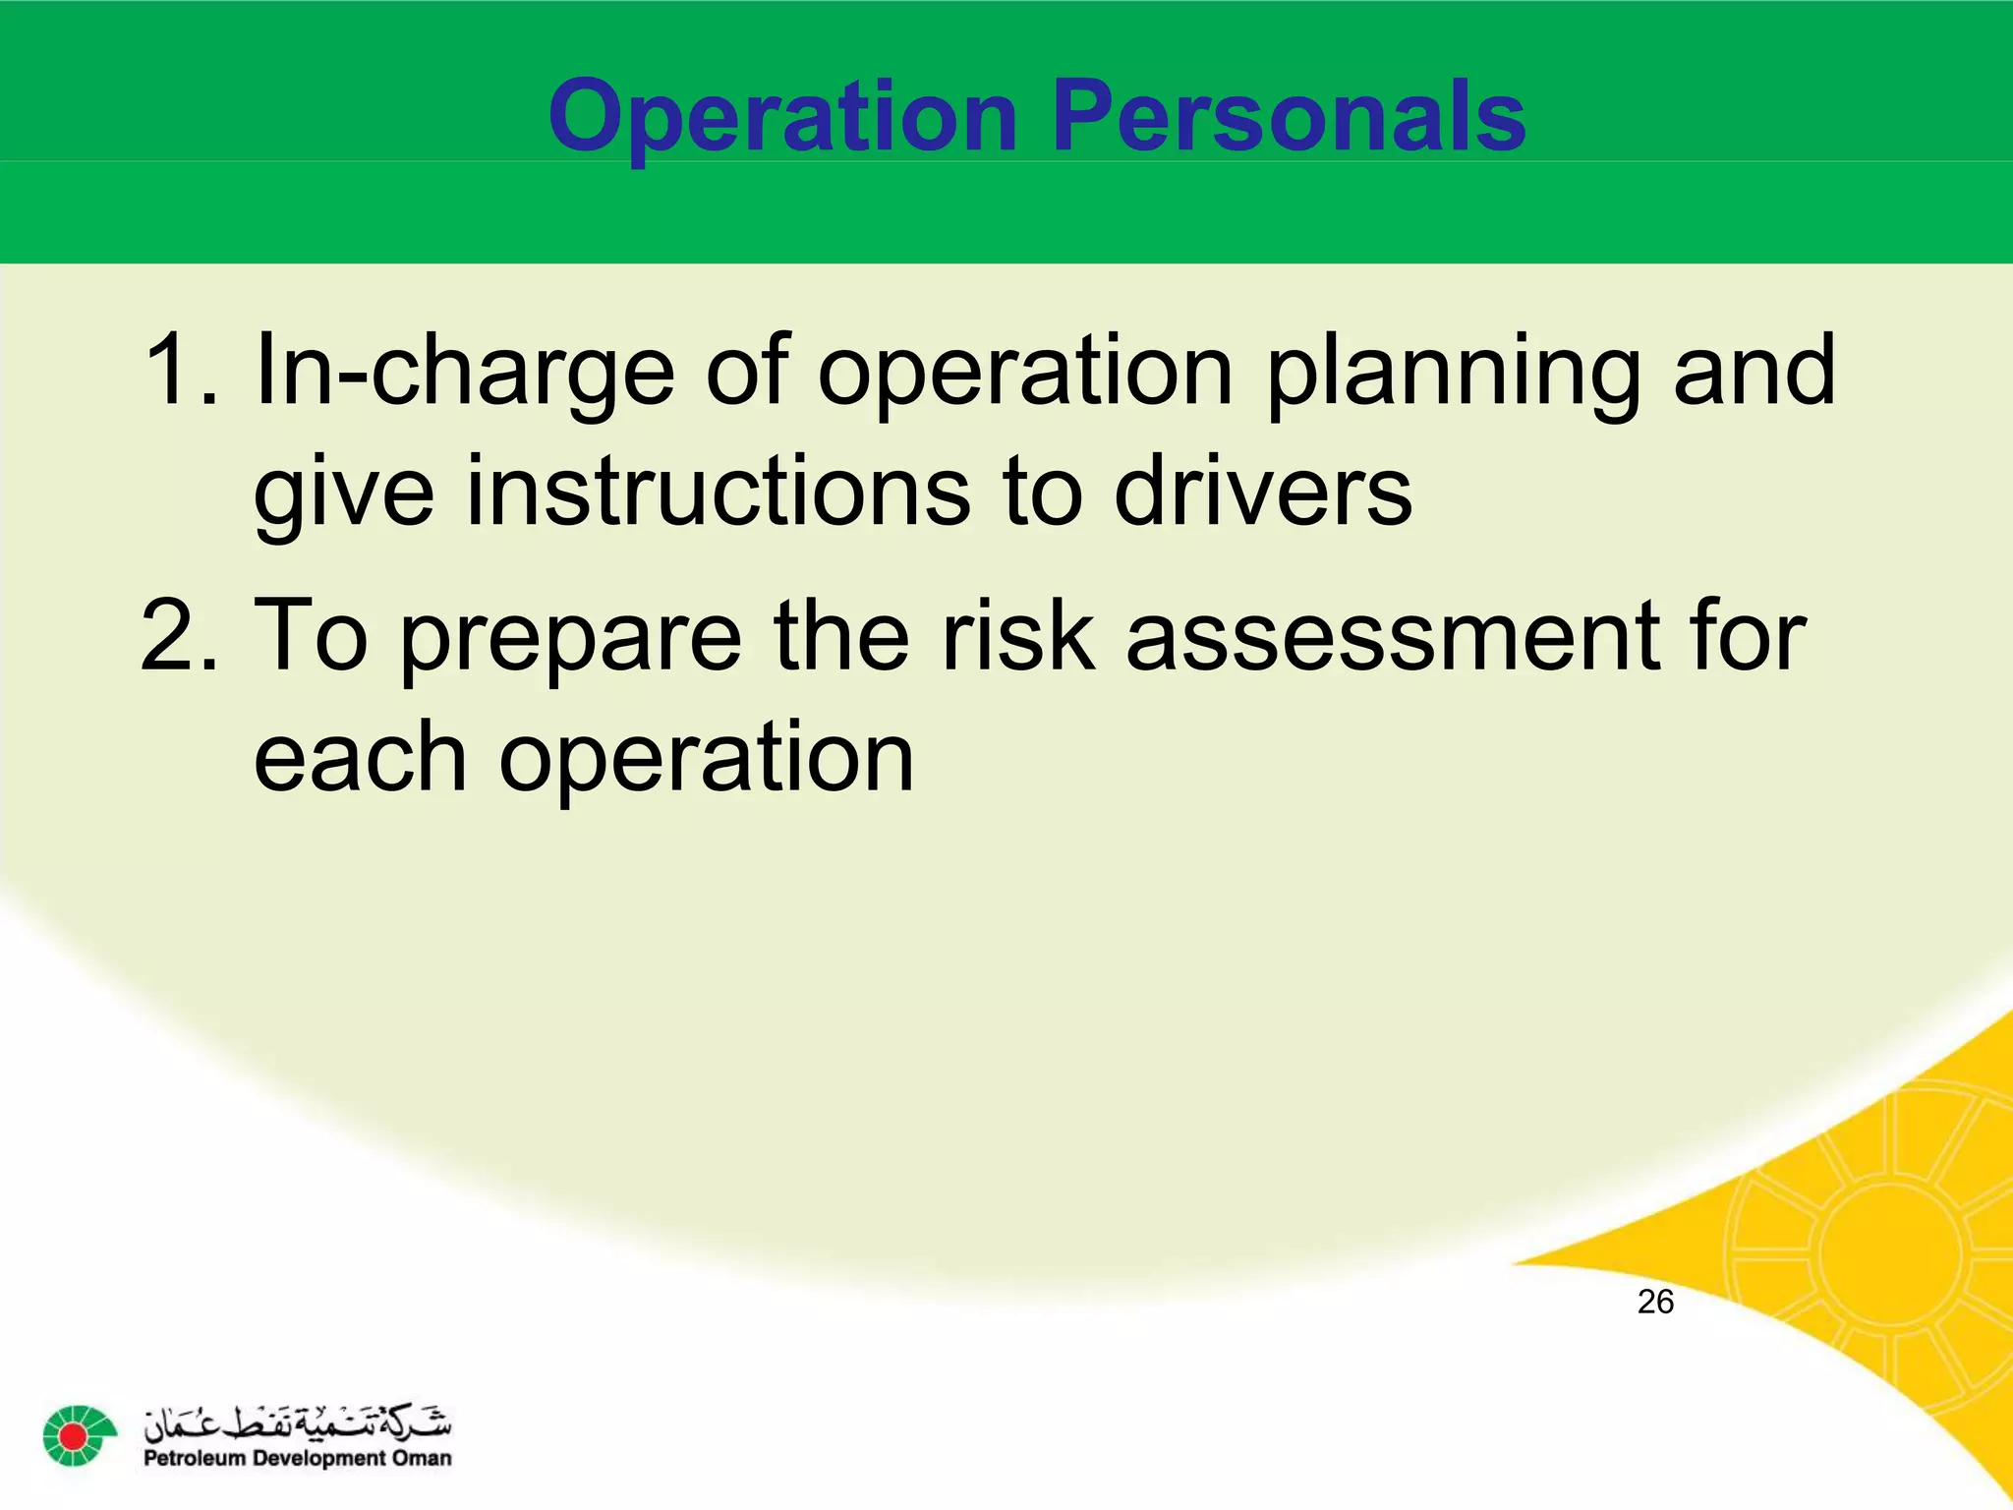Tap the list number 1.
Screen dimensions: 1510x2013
point(177,371)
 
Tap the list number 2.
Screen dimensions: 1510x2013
point(177,636)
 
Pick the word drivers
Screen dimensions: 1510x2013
point(1263,491)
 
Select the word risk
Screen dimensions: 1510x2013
point(1017,636)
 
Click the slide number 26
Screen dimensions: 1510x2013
point(1655,1303)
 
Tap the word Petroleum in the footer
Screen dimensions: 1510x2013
point(193,1459)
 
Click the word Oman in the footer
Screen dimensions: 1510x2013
point(422,1459)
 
